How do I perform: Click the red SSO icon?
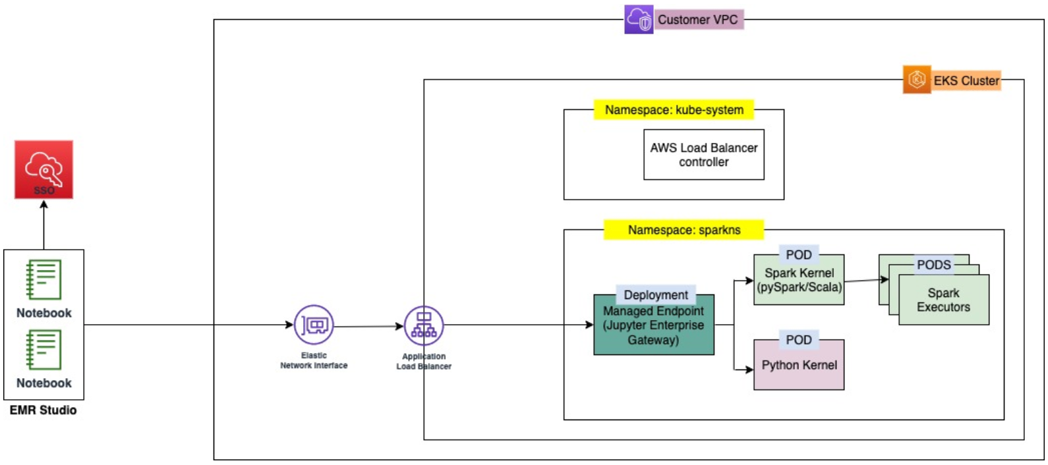tap(44, 169)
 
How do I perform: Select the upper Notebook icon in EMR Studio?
tap(44, 279)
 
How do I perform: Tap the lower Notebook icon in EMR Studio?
tap(44, 350)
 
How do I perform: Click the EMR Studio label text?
tap(43, 410)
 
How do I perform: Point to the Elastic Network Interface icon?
tap(314, 325)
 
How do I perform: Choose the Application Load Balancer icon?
tap(424, 325)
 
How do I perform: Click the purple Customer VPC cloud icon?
tap(639, 19)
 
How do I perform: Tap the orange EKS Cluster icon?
tap(917, 80)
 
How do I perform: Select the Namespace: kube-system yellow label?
tap(674, 110)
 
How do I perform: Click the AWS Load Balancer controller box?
tap(703, 155)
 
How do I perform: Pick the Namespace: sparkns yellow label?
tap(684, 230)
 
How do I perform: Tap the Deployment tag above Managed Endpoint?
tap(655, 294)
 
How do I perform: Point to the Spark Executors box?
tap(943, 300)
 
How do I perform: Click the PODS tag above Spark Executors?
tap(933, 265)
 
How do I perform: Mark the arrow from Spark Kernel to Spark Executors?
tap(865, 280)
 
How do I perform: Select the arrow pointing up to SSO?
tap(44, 224)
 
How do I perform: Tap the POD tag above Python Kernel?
tap(798, 340)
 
